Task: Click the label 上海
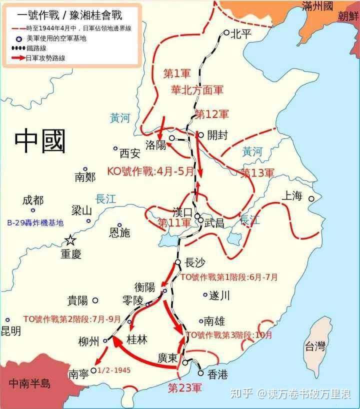coord(292,196)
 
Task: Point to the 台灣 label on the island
coord(315,345)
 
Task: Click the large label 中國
coord(40,140)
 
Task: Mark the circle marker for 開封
coord(200,135)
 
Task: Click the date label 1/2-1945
coord(115,371)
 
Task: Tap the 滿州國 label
coord(324,6)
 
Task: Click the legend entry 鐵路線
coord(41,48)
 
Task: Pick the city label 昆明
coord(11,331)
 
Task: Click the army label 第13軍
coord(257,173)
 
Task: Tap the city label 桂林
coord(137,339)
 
